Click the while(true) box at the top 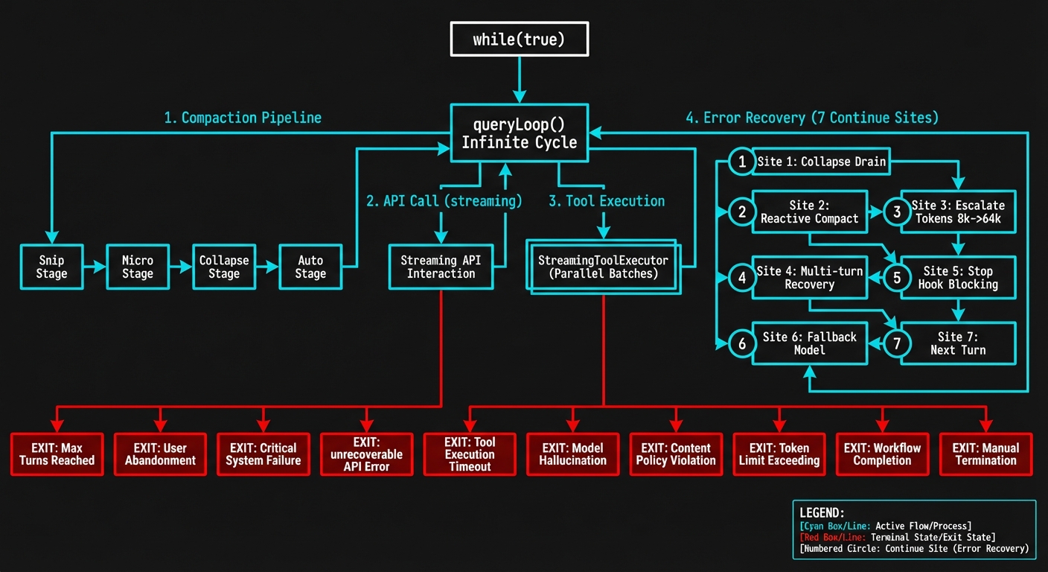pos(519,39)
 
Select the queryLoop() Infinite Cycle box pos(519,133)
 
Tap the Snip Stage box pos(51,267)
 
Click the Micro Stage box pos(138,267)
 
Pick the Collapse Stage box pos(224,267)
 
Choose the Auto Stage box pos(310,267)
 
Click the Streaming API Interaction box pos(441,267)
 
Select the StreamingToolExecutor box pos(603,267)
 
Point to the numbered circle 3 pos(897,212)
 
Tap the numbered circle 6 pos(741,343)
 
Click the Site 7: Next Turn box pos(957,343)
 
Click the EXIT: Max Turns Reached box pos(57,454)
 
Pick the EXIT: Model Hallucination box pos(572,454)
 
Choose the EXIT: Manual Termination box pos(985,454)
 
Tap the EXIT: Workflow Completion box pos(882,454)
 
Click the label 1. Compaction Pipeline pos(243,118)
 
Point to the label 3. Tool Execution pos(607,201)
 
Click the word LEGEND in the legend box pos(822,513)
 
